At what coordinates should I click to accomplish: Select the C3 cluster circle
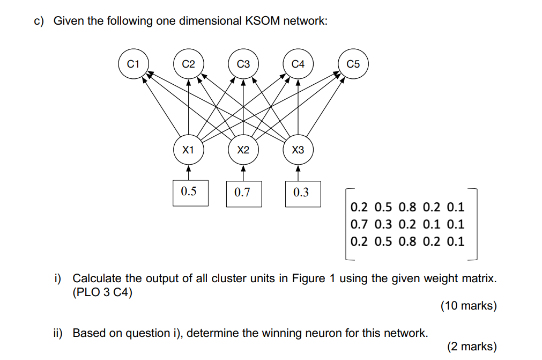pyautogui.click(x=243, y=64)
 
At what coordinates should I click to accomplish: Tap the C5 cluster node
pyautogui.click(x=353, y=64)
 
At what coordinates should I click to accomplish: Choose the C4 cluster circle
pyautogui.click(x=298, y=64)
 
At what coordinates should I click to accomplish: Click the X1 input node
pyautogui.click(x=188, y=150)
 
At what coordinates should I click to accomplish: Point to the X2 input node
pyautogui.click(x=243, y=150)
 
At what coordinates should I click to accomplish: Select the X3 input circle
pyautogui.click(x=298, y=150)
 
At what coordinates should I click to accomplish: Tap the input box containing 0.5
pyautogui.click(x=189, y=192)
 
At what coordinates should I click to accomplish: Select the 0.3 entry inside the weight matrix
pyautogui.click(x=383, y=224)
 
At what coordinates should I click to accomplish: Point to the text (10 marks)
pyautogui.click(x=468, y=306)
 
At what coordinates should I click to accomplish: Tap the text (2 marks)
pyautogui.click(x=471, y=347)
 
